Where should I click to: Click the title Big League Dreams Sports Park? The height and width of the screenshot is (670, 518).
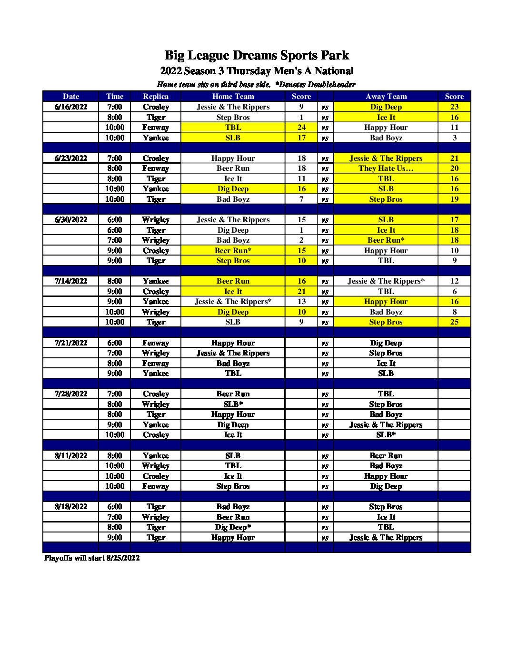tap(257, 56)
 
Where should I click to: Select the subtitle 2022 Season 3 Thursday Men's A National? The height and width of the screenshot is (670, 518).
tap(257, 71)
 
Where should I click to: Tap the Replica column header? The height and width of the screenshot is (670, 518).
tap(156, 96)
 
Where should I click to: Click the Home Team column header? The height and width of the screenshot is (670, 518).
tap(233, 96)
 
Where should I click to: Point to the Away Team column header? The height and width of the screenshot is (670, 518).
tap(386, 96)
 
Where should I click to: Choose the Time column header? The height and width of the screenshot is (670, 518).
tap(115, 96)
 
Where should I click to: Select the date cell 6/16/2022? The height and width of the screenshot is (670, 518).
tap(71, 107)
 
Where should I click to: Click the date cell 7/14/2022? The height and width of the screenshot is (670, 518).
tap(71, 281)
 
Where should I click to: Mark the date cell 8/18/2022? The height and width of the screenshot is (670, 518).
tap(71, 506)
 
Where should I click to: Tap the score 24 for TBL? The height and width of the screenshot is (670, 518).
tap(301, 127)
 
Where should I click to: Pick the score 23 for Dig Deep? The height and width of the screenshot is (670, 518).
tap(454, 107)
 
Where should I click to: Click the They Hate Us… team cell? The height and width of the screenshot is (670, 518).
tap(386, 168)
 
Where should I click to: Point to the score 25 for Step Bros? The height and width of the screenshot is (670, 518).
tap(454, 322)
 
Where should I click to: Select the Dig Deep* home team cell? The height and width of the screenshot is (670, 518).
tap(233, 527)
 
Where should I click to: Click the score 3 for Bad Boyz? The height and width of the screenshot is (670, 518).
tap(454, 138)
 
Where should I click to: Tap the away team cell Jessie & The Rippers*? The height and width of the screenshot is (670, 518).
tap(386, 281)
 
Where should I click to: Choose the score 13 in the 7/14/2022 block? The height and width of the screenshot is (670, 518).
tap(301, 301)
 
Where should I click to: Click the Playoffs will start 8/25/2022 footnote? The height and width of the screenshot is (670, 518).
tap(92, 558)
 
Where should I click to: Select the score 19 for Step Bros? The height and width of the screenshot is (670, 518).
tap(454, 199)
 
